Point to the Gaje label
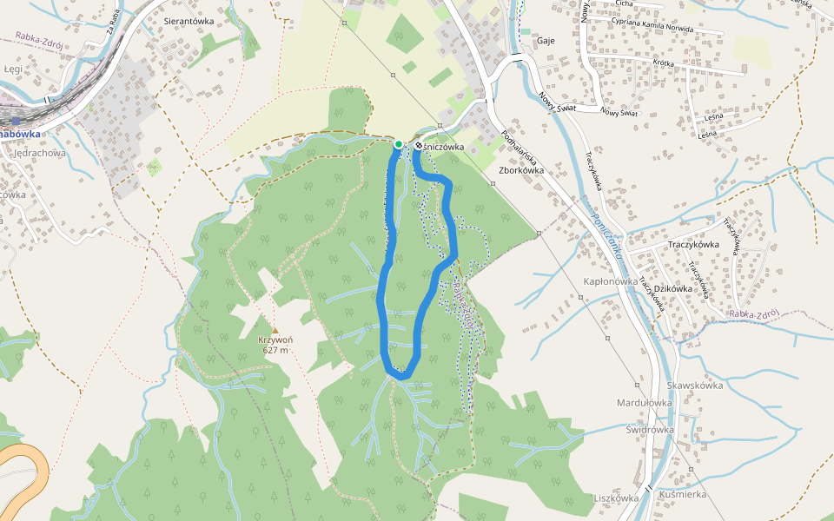546,41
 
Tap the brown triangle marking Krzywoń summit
275,330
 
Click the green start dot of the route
398,144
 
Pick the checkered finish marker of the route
419,145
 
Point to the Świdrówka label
650,430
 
